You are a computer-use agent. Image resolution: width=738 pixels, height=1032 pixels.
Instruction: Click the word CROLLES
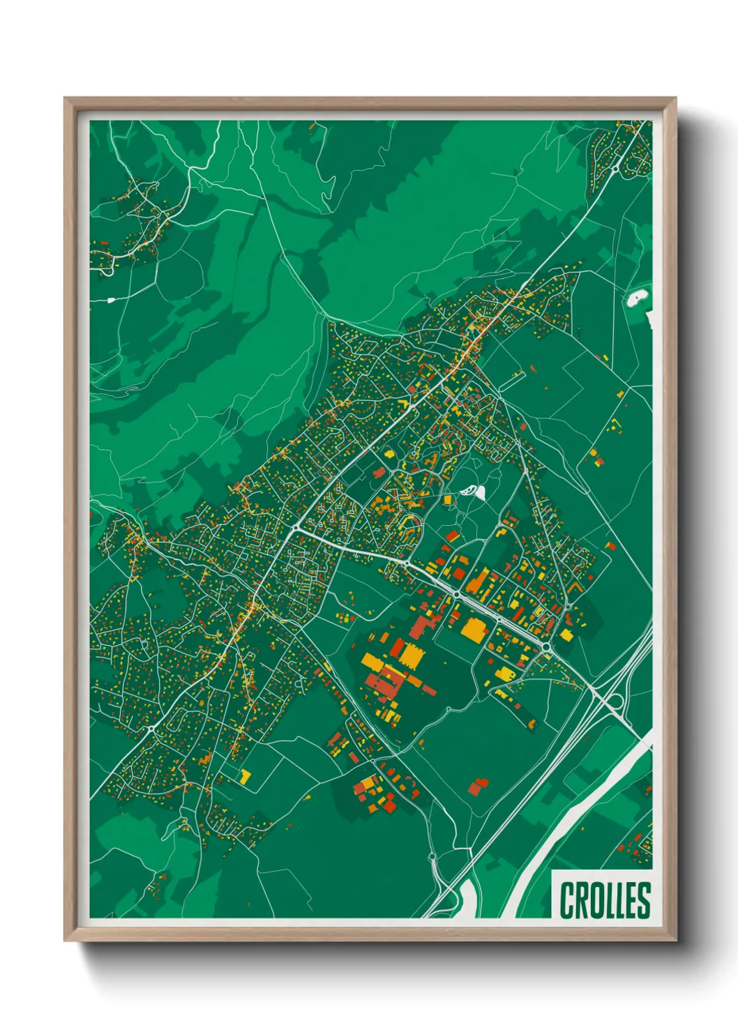coord(604,900)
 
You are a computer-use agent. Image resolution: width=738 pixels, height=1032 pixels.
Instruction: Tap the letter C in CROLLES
coord(566,900)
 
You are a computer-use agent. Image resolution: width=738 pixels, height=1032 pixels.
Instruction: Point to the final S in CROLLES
coord(643,900)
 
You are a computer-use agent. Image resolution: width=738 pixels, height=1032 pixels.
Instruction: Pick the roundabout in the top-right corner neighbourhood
coord(616,167)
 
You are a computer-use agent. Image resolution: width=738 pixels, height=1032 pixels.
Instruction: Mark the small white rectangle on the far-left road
coord(110,300)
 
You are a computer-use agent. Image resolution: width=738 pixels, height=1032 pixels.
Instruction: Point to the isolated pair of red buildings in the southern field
coord(478,786)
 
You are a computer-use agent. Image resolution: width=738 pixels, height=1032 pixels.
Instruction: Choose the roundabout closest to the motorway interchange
coord(545,649)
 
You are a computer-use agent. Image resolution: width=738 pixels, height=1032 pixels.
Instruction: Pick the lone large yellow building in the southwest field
coord(246,775)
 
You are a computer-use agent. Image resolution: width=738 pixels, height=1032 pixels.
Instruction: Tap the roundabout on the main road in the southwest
coord(152,729)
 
